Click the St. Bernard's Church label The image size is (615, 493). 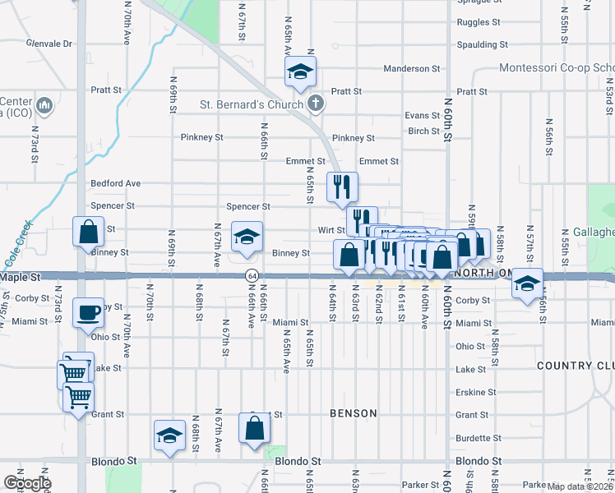[x=252, y=104]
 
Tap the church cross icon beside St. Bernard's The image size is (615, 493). [x=315, y=104]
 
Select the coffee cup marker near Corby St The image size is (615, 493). [x=88, y=312]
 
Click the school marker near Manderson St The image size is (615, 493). [x=301, y=73]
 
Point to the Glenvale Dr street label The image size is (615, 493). [x=49, y=43]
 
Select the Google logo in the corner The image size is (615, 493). [x=26, y=483]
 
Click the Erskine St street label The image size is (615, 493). [x=476, y=393]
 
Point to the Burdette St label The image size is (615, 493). [x=479, y=438]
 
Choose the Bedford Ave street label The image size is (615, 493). [x=115, y=183]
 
